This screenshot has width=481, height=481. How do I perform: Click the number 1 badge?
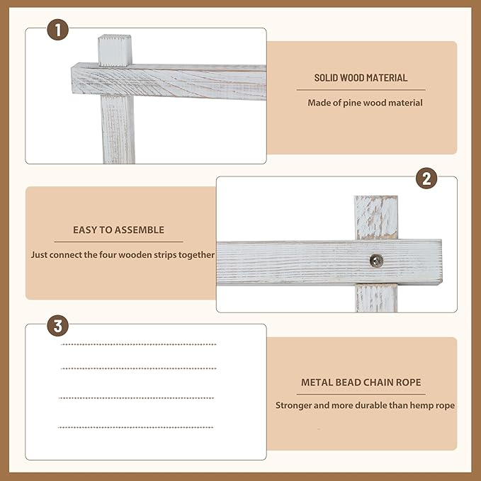click(x=57, y=30)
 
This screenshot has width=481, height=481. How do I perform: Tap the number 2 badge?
click(x=426, y=179)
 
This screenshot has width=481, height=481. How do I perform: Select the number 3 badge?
click(x=57, y=325)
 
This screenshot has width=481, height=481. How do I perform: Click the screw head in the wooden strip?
click(x=376, y=261)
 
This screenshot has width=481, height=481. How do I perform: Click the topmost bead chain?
click(x=139, y=344)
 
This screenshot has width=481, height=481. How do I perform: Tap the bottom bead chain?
click(x=135, y=427)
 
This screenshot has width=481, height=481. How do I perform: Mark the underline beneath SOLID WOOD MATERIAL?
click(x=361, y=90)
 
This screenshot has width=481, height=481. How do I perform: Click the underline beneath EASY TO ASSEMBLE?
click(x=119, y=242)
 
